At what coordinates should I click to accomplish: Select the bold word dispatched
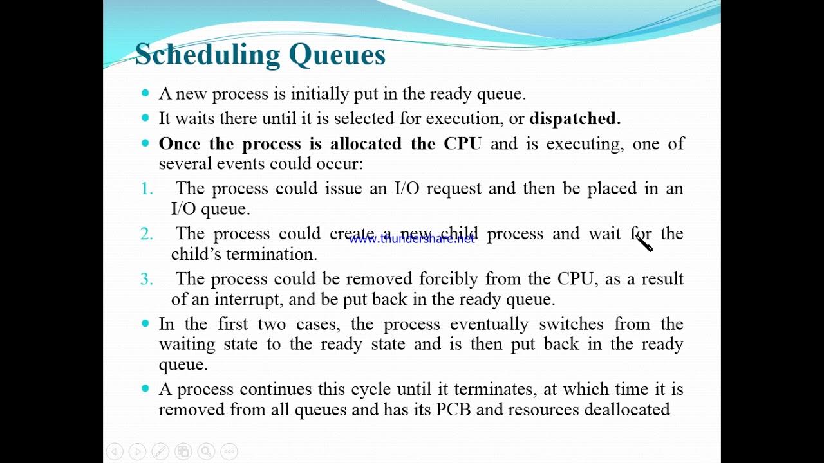pos(575,118)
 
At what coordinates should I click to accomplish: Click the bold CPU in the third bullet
pos(462,143)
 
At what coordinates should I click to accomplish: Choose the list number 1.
pos(147,188)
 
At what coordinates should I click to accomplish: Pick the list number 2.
pos(147,233)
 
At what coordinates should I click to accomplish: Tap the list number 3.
pos(147,278)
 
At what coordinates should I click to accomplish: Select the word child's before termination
pos(196,254)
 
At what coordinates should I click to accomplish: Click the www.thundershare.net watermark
pos(411,239)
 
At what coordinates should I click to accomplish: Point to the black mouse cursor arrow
pos(644,243)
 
